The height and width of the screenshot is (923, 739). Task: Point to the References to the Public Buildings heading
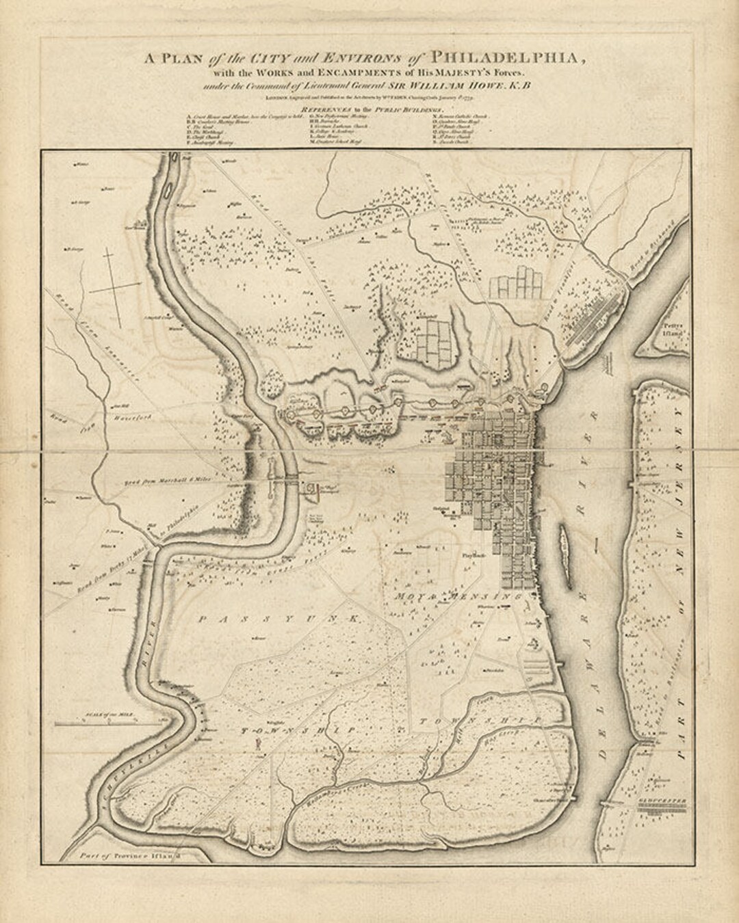(369, 109)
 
